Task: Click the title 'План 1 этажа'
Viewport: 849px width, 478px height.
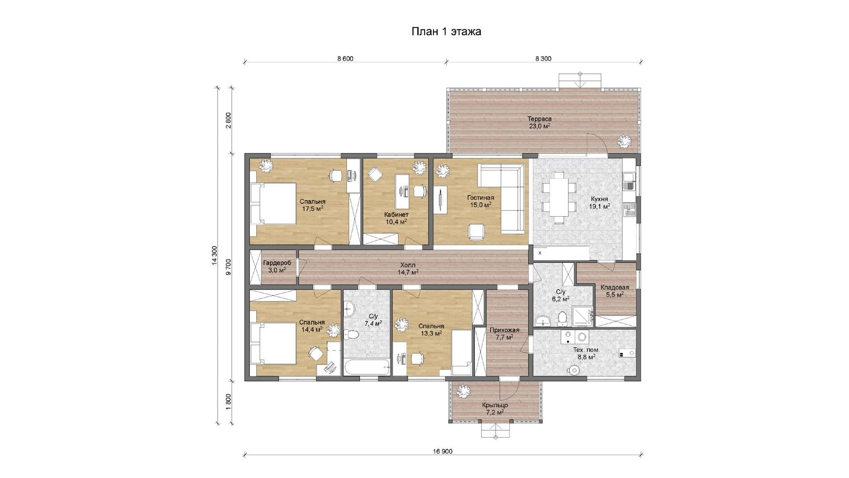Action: coord(446,31)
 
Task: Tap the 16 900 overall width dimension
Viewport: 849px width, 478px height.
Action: coord(443,451)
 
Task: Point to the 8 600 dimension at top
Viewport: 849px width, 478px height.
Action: coord(345,58)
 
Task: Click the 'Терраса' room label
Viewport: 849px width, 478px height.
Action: coord(539,119)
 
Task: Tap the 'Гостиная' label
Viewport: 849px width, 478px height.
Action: coord(480,198)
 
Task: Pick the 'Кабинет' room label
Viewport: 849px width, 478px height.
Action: coord(396,215)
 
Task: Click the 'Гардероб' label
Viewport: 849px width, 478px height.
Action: coord(276,263)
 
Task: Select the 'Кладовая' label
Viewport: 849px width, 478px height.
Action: coord(615,287)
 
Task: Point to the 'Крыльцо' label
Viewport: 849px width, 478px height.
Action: coord(495,405)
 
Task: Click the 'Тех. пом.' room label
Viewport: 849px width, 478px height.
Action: coord(586,350)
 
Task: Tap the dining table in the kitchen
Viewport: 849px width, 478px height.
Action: coord(559,197)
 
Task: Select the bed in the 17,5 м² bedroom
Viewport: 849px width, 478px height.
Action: coord(273,203)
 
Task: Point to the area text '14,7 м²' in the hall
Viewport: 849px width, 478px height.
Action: coord(408,271)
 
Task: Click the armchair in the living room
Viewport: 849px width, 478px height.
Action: coord(477,232)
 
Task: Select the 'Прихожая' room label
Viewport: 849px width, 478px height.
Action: coord(504,330)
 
